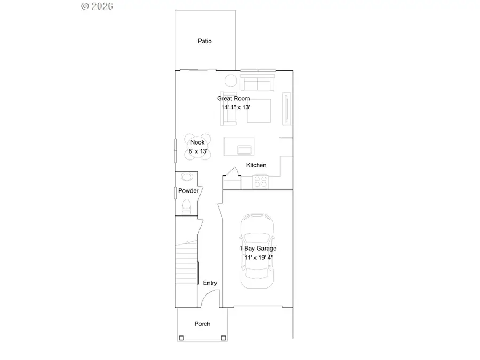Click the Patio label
coord(205,41)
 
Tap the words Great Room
coord(233,99)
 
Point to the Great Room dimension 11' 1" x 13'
coord(236,107)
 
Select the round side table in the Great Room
coord(230,81)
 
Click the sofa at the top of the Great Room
coord(257,82)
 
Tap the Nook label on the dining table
coord(197,142)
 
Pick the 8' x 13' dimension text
coord(197,151)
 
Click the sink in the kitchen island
coord(245,148)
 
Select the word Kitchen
coord(256,165)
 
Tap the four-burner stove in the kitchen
coord(260,182)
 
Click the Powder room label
coord(188,191)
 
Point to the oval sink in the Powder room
coord(187,177)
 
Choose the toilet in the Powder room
coord(186,206)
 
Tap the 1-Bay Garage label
coord(258,249)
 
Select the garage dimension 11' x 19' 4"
coord(258,258)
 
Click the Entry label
coord(210,283)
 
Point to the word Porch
coord(202,324)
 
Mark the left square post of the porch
coord(181,338)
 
